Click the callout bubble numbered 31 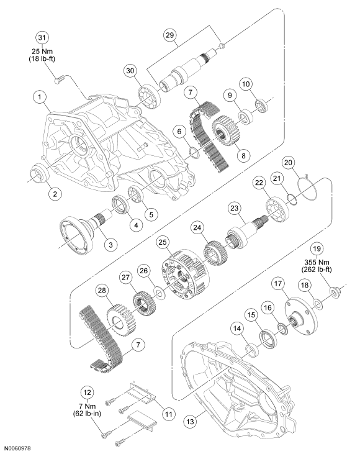click(x=42, y=38)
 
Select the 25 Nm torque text click(x=42, y=52)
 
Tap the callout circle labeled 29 click(x=170, y=35)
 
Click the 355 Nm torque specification click(x=317, y=262)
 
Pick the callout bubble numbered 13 click(x=191, y=422)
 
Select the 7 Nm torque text click(x=87, y=406)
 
